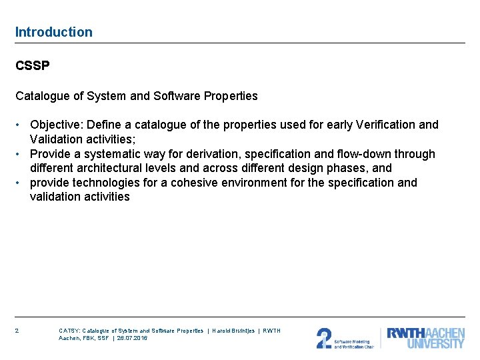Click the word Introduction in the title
(x=54, y=32)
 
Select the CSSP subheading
(x=33, y=67)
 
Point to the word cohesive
(x=193, y=183)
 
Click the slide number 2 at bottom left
(x=17, y=331)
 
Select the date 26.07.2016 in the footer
(x=132, y=338)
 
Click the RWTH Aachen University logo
(x=426, y=338)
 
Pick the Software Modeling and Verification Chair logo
(x=345, y=338)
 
